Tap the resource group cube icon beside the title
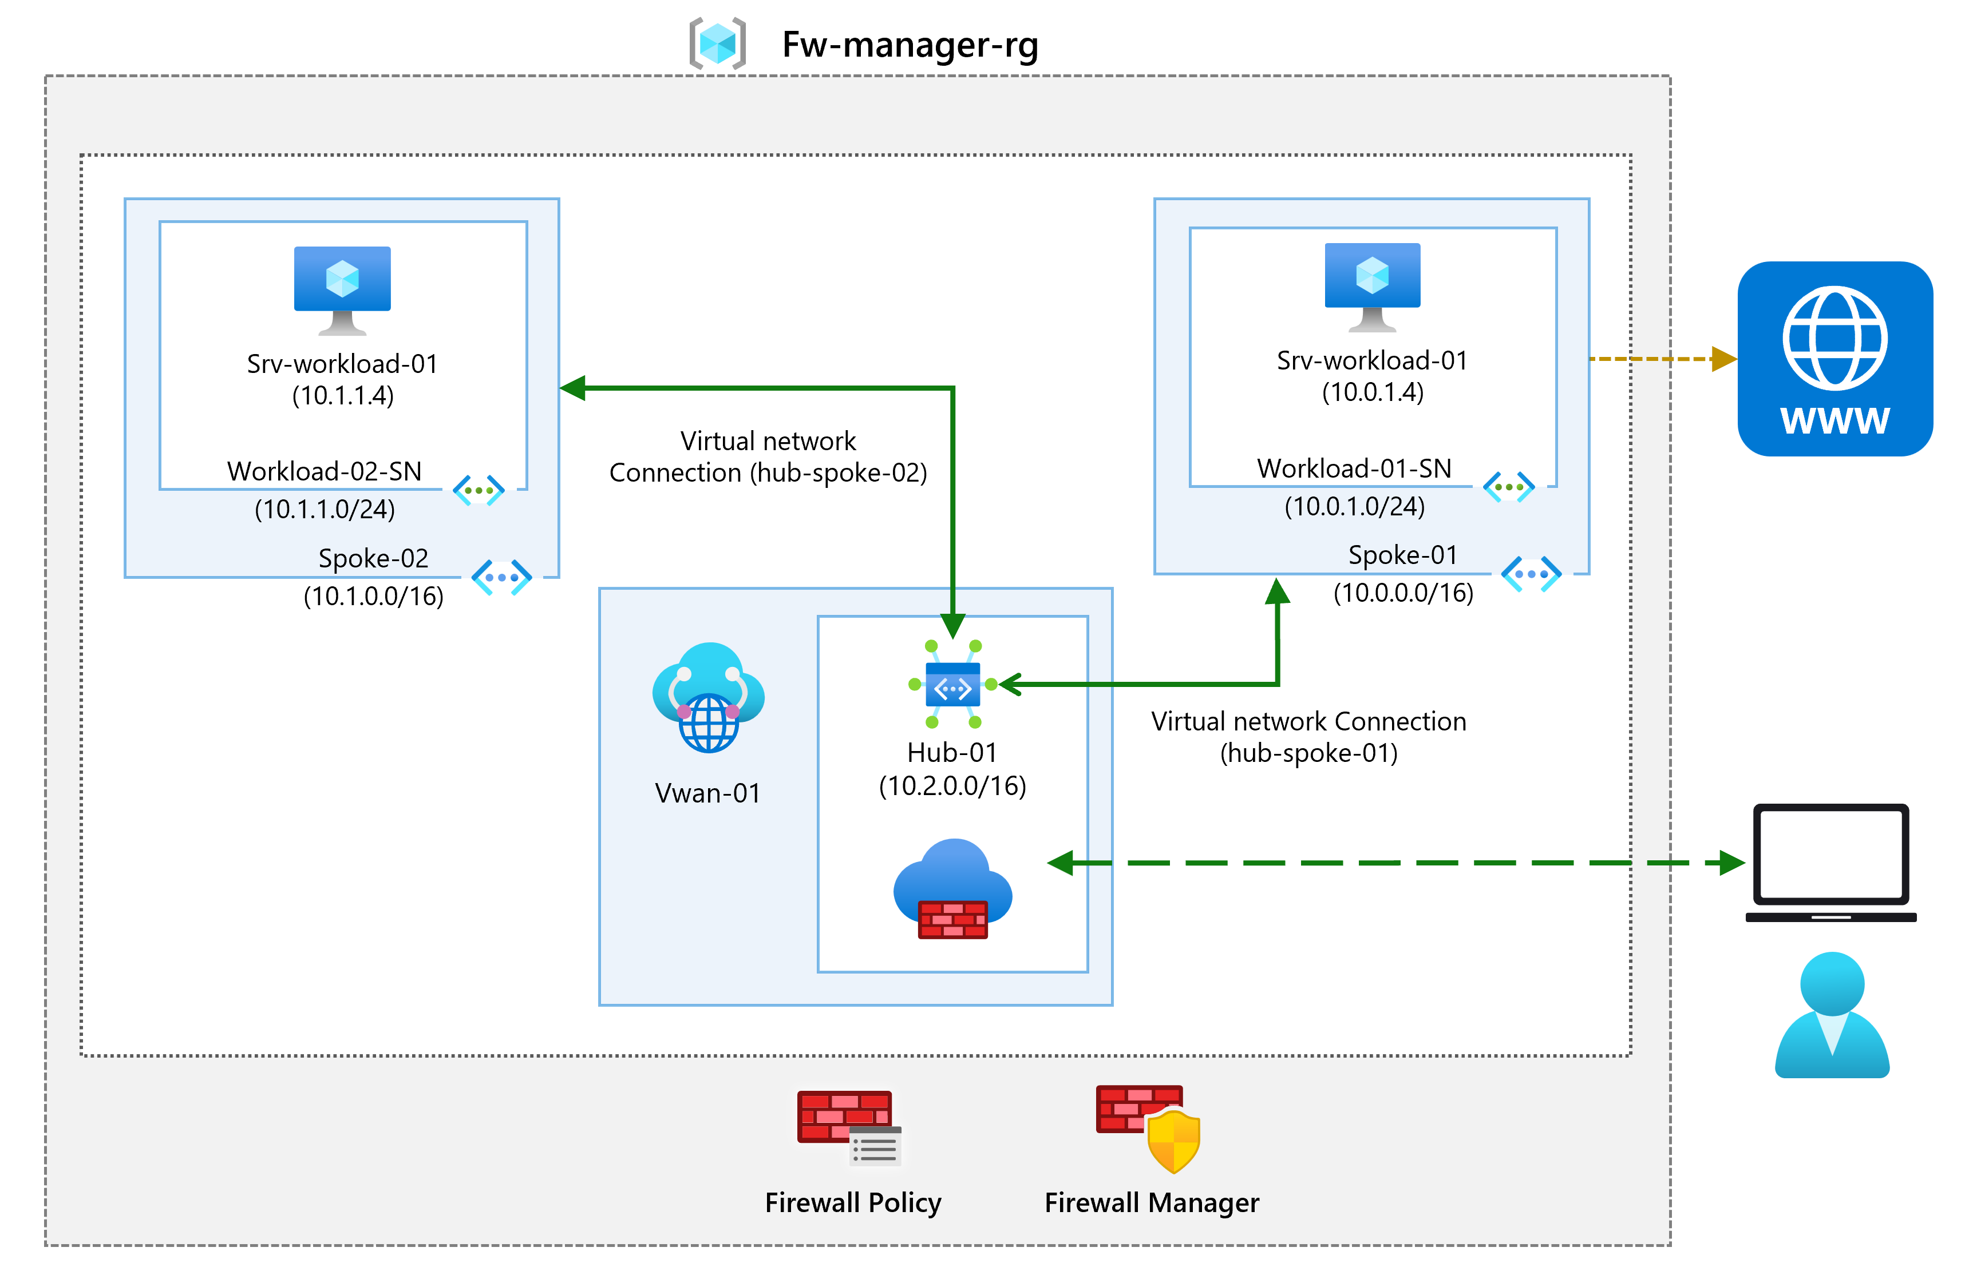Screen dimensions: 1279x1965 click(x=717, y=43)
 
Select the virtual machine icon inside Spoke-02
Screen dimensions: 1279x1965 click(x=342, y=289)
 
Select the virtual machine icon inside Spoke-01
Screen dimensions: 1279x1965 click(x=1371, y=285)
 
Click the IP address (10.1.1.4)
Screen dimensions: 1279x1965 click(x=343, y=396)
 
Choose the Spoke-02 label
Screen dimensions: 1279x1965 click(x=373, y=559)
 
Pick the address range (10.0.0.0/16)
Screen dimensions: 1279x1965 click(x=1403, y=593)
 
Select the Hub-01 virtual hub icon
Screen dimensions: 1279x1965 click(x=953, y=685)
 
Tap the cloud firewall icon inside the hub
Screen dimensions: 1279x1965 click(x=953, y=889)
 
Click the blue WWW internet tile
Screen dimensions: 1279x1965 click(x=1834, y=359)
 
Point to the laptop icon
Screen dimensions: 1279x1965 click(x=1830, y=862)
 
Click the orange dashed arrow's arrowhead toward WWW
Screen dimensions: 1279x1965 click(x=1724, y=359)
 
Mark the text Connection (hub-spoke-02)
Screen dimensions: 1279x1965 click(x=768, y=473)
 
